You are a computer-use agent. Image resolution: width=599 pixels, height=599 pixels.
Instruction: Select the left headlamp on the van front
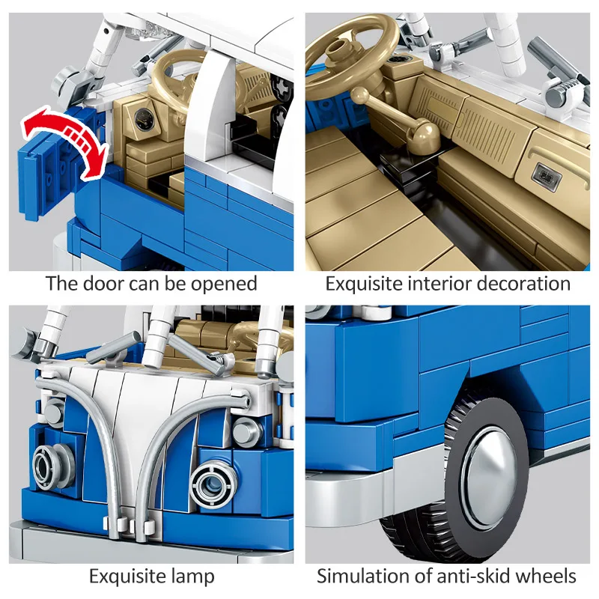click(49, 465)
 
